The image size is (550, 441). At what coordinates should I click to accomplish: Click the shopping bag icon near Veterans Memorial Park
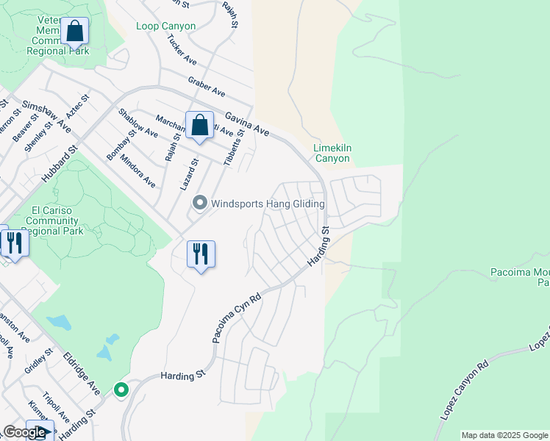(74, 32)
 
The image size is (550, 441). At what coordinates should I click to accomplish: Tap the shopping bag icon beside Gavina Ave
(199, 125)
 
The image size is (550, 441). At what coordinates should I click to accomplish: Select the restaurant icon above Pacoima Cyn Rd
(201, 254)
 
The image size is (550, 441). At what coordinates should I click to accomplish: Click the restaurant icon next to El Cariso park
(14, 242)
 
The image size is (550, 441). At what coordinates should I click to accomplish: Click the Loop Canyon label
(166, 26)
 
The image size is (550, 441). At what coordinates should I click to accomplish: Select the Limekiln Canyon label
(332, 153)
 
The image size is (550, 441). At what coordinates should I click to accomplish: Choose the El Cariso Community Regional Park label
(56, 220)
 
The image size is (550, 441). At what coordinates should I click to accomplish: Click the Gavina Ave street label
(247, 123)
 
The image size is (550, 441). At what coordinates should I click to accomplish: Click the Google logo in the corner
(24, 432)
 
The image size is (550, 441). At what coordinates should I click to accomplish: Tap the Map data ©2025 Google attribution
(504, 435)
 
